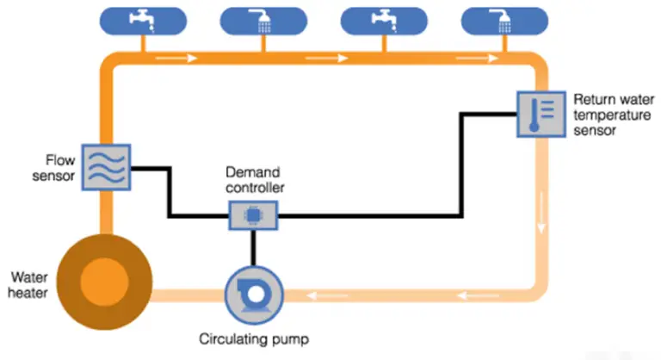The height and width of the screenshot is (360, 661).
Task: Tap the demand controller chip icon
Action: coord(253,214)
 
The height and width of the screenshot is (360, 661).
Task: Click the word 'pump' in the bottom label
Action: coord(288,338)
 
